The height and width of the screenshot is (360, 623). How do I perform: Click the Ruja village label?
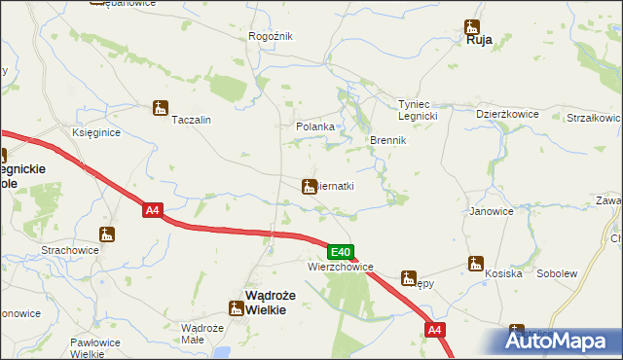coord(478,40)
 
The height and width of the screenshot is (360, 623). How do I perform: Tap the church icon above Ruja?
coord(472,26)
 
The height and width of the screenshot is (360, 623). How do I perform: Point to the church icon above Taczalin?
coord(161,108)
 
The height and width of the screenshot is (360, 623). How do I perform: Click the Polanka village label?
coord(315,126)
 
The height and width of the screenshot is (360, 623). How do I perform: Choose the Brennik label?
coord(386,140)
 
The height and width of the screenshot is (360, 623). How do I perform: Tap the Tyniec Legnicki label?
coord(421,110)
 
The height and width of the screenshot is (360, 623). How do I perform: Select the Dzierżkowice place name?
coord(507,113)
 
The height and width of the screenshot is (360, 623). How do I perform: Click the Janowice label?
coord(491,210)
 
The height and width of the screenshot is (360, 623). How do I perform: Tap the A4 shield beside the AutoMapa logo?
coord(435,332)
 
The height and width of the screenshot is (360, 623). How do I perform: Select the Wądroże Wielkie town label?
coord(263,304)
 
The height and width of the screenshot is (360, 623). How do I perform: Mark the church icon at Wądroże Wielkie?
coord(235,308)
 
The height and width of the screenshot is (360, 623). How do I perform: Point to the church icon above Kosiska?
coord(476,263)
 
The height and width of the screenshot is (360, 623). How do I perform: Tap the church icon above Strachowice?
coord(107,234)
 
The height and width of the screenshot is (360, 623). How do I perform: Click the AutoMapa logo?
coord(558,341)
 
